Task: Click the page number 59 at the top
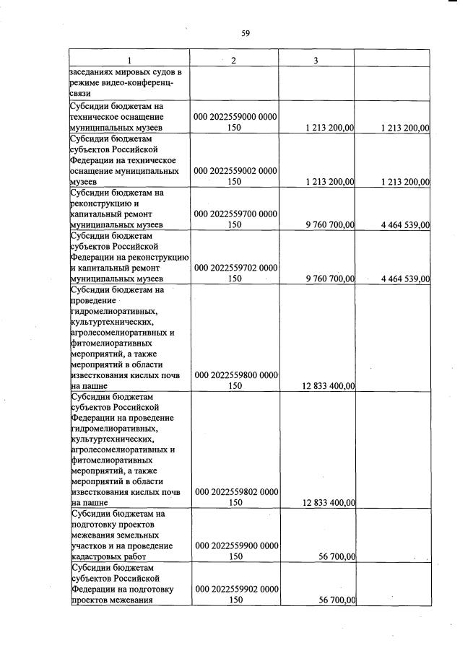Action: coord(245,33)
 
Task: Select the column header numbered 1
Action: coord(129,59)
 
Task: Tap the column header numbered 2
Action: coord(234,59)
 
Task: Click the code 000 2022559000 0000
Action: coord(235,117)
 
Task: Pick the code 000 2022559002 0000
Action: coord(235,172)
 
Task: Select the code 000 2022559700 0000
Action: coord(235,214)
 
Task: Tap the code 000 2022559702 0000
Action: coord(235,268)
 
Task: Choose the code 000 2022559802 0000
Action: coord(235,492)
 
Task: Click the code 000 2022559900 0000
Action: coord(235,546)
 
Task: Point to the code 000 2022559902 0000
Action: coord(235,590)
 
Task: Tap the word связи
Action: coord(80,95)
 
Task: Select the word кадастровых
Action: coord(100,557)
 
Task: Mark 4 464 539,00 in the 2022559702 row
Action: coord(400,279)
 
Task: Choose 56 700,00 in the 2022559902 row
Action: coord(336,600)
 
